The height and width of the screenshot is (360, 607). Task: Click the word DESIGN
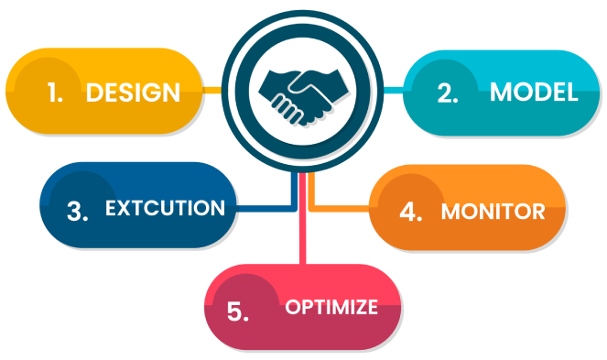[133, 93]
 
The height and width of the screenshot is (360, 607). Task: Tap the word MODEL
[534, 93]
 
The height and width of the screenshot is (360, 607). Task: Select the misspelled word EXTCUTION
[165, 208]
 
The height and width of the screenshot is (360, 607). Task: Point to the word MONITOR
[493, 212]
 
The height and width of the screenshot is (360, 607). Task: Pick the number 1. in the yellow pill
[55, 93]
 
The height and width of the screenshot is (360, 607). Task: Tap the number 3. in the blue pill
[78, 211]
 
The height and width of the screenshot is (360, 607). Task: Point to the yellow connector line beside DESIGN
[211, 91]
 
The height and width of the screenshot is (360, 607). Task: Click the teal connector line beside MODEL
[393, 91]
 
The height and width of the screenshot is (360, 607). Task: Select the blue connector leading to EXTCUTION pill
[266, 208]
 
